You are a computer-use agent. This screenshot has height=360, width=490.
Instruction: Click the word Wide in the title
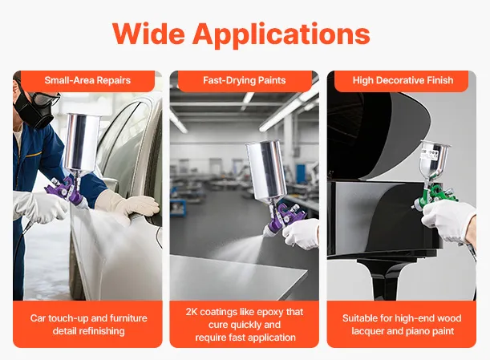[148, 34]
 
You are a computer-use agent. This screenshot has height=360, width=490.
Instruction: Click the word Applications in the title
[281, 36]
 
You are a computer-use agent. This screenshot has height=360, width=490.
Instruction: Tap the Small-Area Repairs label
[87, 80]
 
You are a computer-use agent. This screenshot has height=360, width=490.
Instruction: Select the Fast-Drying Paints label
[245, 80]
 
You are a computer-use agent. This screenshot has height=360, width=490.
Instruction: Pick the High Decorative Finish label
[403, 80]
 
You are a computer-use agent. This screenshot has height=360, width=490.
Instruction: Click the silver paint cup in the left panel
[82, 142]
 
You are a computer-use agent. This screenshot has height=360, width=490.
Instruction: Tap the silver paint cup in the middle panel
[266, 170]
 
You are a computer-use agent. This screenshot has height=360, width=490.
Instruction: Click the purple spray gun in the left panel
[67, 191]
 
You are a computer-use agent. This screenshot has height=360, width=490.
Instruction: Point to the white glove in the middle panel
[301, 233]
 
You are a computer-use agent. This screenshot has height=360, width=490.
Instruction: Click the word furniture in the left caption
[128, 318]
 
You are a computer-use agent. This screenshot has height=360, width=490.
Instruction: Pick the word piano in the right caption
[417, 331]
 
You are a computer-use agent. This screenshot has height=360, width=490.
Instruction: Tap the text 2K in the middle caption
[192, 312]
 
